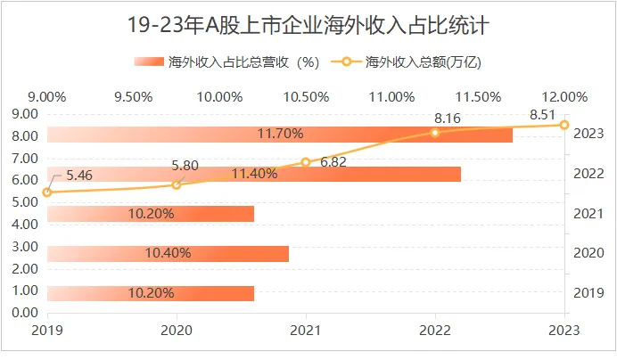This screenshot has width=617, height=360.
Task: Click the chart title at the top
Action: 308,24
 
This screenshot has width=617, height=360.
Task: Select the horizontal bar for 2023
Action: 280,135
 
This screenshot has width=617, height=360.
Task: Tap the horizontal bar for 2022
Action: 254,174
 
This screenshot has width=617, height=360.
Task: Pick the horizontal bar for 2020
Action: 168,253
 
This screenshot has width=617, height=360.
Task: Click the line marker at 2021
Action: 306,162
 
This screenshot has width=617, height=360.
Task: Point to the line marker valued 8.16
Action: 435,132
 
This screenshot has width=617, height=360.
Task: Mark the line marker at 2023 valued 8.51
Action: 564,125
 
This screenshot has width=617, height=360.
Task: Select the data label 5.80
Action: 185,165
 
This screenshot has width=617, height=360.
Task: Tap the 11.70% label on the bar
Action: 280,135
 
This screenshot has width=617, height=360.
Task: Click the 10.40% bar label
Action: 169,253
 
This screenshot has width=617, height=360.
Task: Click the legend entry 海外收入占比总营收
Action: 227,62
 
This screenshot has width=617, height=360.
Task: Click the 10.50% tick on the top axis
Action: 306,96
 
